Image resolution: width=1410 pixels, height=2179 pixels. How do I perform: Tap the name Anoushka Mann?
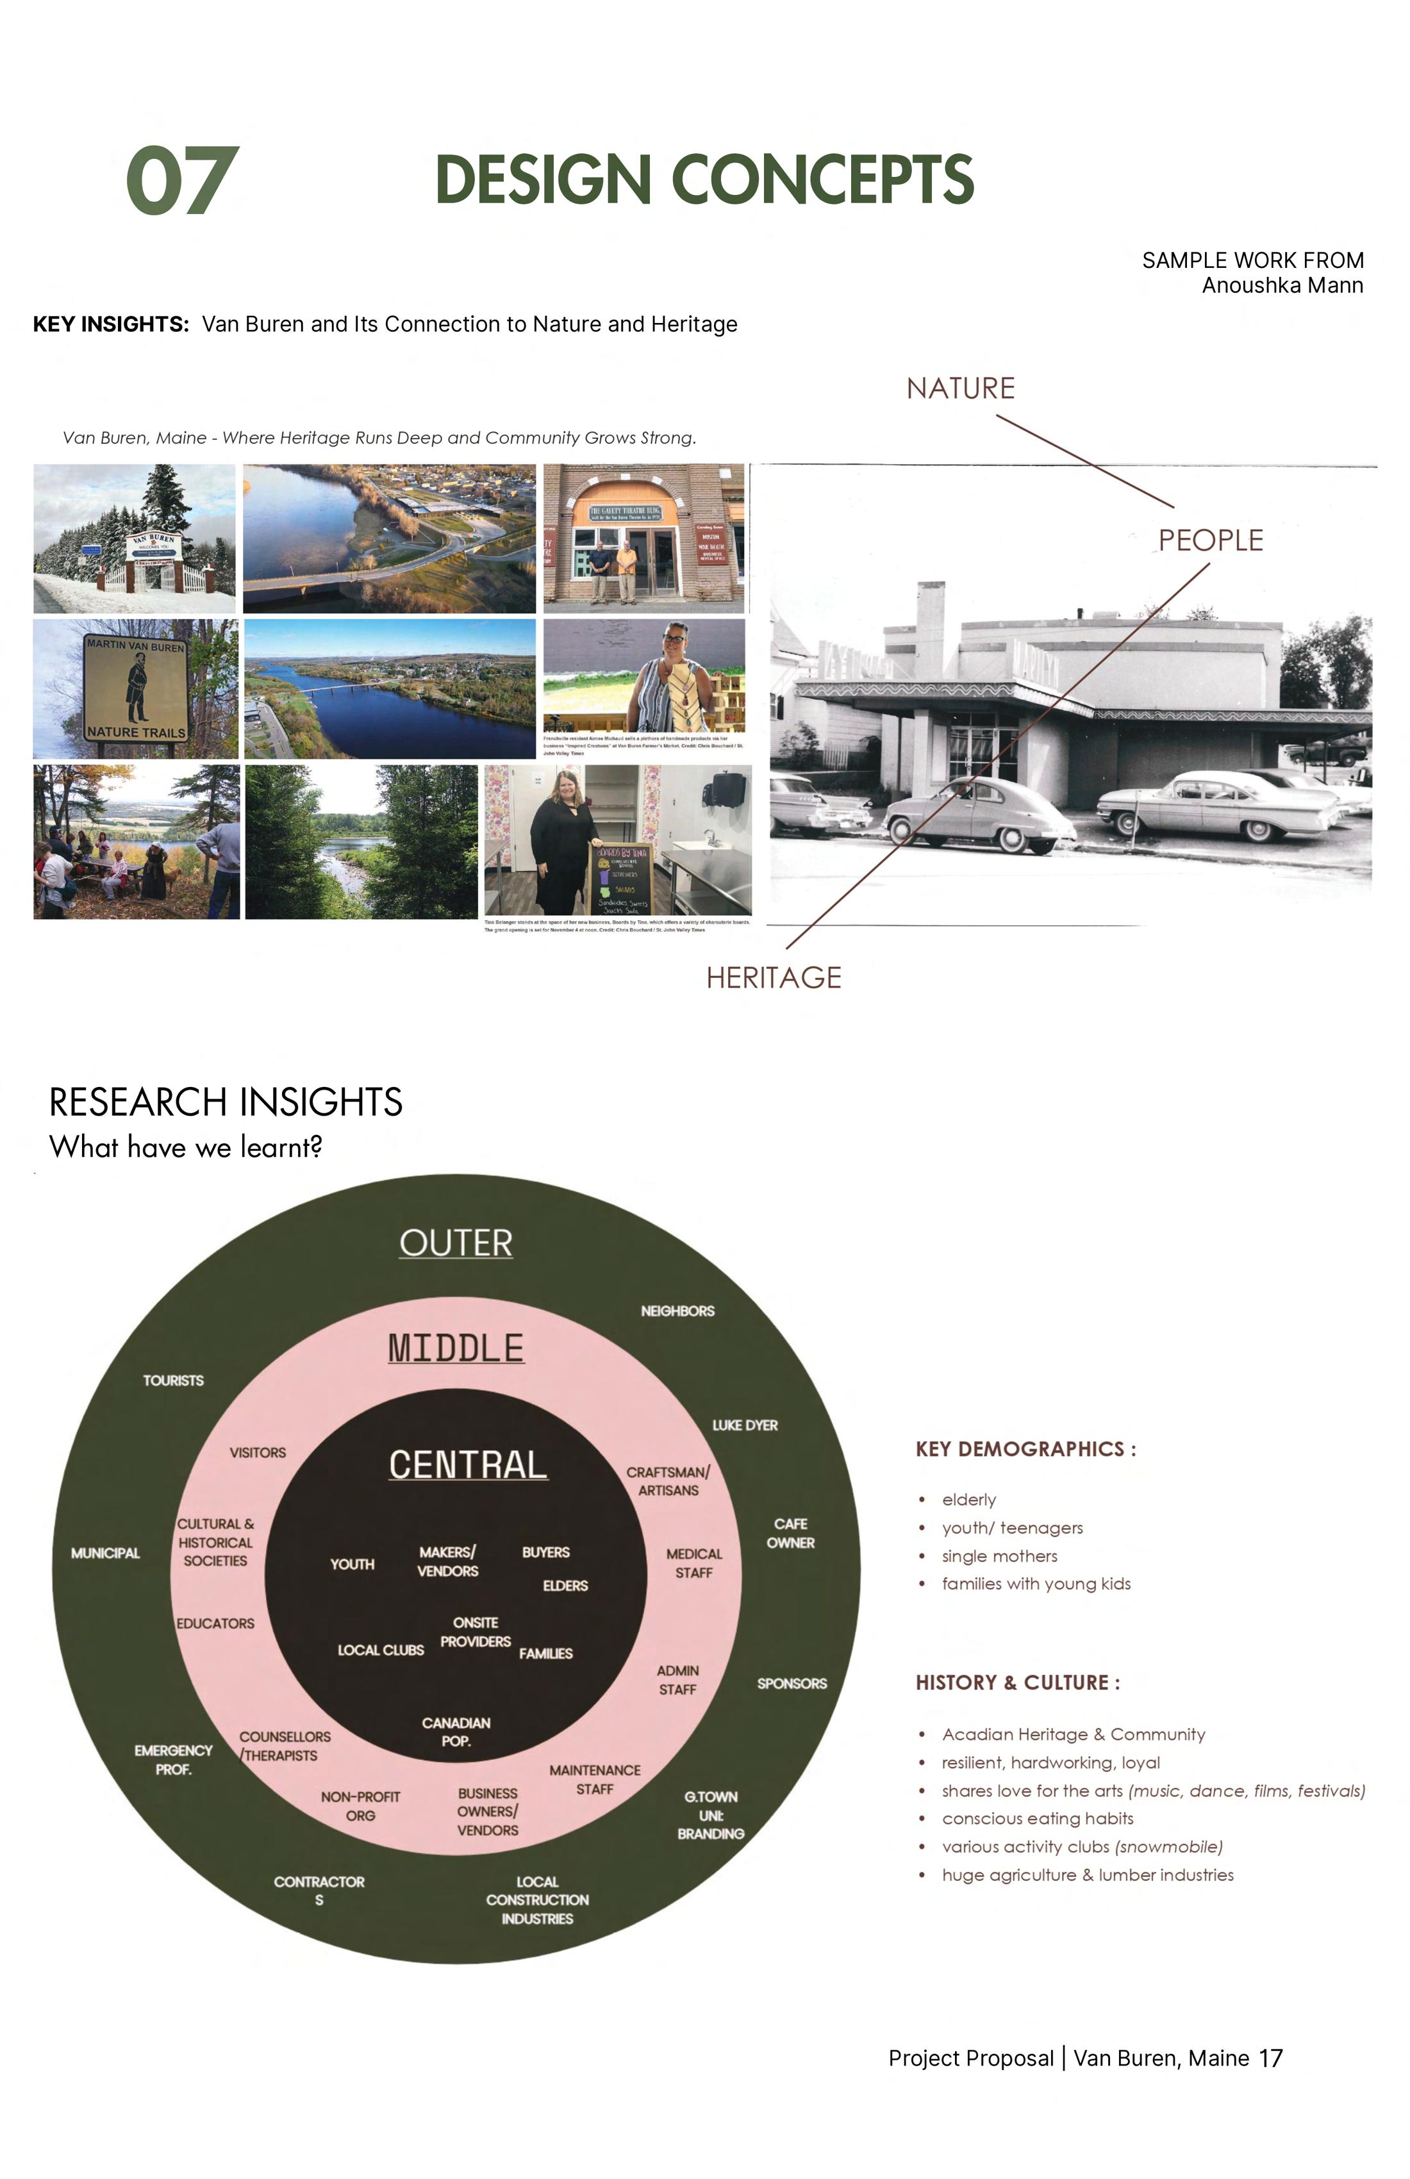coord(1282,286)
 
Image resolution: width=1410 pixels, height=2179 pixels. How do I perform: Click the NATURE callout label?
coord(961,388)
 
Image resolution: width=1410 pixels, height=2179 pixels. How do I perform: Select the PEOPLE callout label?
coord(1211,540)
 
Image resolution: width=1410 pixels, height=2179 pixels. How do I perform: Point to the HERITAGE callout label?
coord(774,978)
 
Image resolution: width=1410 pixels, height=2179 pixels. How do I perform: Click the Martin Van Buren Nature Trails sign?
coord(135,688)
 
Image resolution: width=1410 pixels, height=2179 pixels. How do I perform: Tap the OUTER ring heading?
coord(456,1243)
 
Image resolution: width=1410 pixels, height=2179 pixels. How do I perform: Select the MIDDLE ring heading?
coord(456,1348)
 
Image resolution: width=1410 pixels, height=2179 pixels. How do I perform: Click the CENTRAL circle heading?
coord(468,1465)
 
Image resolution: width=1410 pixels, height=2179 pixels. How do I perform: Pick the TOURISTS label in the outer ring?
coord(173,1380)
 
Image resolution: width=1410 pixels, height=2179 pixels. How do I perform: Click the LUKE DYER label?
coord(744,1425)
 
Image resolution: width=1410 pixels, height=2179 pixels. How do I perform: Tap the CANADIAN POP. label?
coord(456,1732)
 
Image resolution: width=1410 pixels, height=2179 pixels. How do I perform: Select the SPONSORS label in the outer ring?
coord(792,1684)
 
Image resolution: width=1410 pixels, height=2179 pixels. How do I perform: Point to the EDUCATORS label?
coord(215,1623)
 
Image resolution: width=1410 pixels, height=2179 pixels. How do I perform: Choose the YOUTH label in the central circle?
coord(352,1564)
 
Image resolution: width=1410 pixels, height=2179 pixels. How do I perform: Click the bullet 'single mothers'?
coord(999,1557)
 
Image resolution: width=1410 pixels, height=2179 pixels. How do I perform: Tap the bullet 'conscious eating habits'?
coord(1038,1818)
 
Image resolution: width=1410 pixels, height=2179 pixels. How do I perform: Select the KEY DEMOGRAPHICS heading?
coord(1025,1449)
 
